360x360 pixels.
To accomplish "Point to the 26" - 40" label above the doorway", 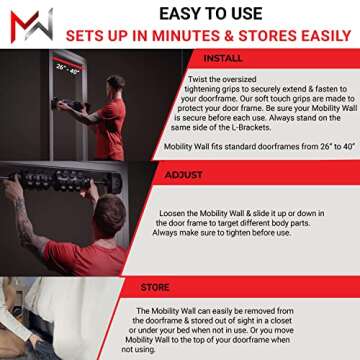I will click(67, 69).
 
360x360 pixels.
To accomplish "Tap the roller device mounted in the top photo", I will click(76, 105).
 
